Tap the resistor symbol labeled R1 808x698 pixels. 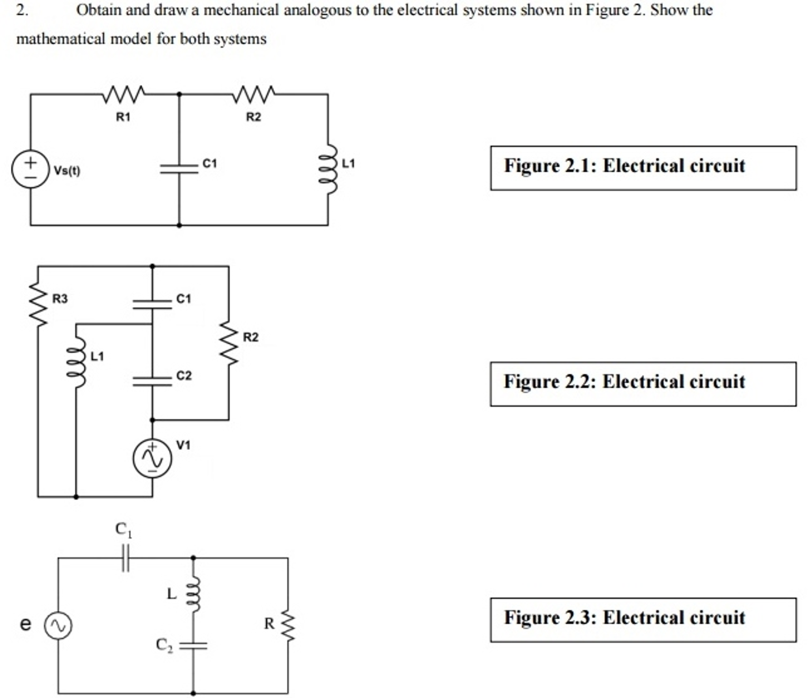[123, 94]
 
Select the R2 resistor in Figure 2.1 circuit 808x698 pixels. [254, 94]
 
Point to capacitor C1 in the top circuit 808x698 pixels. [179, 169]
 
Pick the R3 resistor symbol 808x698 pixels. [38, 304]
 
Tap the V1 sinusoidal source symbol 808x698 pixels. [152, 458]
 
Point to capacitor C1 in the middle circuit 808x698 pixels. [152, 304]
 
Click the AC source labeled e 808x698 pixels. [58, 625]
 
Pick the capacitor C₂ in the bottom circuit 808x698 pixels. [193, 646]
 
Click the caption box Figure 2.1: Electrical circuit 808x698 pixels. [643, 168]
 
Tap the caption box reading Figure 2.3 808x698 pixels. [643, 620]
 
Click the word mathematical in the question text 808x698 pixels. [61, 39]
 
